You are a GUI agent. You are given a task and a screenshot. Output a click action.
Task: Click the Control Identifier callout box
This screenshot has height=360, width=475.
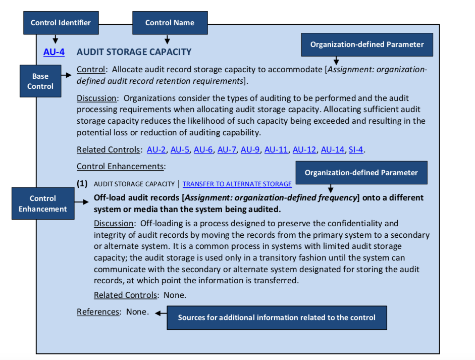pyautogui.click(x=61, y=23)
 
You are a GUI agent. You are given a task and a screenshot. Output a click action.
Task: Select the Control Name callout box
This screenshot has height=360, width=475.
pyautogui.click(x=170, y=23)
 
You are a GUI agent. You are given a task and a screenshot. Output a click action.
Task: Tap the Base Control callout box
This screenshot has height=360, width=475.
pyautogui.click(x=40, y=81)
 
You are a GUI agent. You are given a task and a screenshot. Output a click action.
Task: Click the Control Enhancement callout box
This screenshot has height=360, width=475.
pyautogui.click(x=42, y=203)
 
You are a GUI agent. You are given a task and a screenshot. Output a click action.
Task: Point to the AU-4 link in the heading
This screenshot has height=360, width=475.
pyautogui.click(x=54, y=52)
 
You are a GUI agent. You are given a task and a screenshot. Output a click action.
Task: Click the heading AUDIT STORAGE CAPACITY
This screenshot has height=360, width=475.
pyautogui.click(x=134, y=52)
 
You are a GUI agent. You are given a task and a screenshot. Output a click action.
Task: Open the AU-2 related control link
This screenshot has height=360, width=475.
pyautogui.click(x=156, y=149)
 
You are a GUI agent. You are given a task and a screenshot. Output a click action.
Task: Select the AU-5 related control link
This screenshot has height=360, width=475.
pyautogui.click(x=180, y=149)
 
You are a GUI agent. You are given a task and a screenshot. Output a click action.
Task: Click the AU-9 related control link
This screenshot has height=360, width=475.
pyautogui.click(x=250, y=149)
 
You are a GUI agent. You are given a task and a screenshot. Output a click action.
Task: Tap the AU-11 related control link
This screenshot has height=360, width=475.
pyautogui.click(x=276, y=149)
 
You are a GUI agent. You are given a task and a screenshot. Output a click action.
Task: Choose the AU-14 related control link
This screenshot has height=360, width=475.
pyautogui.click(x=332, y=149)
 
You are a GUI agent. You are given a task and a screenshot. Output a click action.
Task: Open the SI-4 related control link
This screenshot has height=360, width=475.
pyautogui.click(x=356, y=149)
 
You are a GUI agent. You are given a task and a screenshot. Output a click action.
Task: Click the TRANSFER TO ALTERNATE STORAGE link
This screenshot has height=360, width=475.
pyautogui.click(x=237, y=184)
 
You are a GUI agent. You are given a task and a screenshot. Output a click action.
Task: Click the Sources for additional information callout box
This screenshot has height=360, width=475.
pyautogui.click(x=277, y=318)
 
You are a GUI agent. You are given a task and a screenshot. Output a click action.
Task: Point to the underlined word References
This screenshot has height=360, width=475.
pyautogui.click(x=98, y=312)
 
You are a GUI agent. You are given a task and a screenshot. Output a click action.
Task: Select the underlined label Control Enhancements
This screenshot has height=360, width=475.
pyautogui.click(x=120, y=166)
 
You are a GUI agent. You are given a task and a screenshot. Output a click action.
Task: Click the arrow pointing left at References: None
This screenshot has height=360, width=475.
pyautogui.click(x=161, y=313)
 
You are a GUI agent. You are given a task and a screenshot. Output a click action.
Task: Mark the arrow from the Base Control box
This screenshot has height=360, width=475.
pyautogui.click(x=68, y=75)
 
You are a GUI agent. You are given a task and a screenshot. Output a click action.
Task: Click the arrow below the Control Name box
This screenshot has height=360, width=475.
pyautogui.click(x=167, y=39)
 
